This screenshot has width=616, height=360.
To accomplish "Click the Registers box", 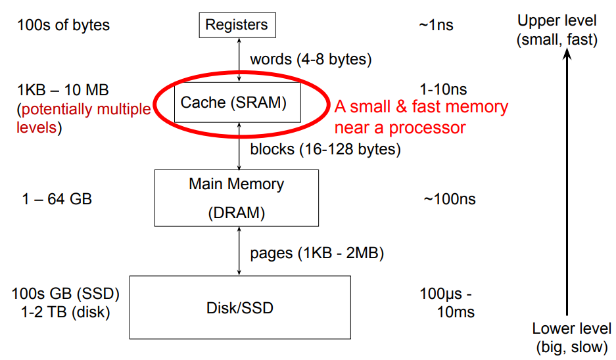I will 237,26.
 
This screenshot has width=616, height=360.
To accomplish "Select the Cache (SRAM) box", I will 237,102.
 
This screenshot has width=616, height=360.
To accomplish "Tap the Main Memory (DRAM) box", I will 237,197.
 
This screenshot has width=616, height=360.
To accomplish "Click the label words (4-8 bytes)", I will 311,59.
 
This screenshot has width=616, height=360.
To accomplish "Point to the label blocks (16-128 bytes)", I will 325,149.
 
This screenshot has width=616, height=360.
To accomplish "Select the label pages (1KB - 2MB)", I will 317,253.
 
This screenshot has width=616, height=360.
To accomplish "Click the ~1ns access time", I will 435,26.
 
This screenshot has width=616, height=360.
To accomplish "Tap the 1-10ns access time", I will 442,89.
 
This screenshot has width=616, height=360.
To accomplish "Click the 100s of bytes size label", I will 63,26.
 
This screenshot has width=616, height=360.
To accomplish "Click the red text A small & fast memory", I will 421,107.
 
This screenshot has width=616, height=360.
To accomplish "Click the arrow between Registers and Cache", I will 238,59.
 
